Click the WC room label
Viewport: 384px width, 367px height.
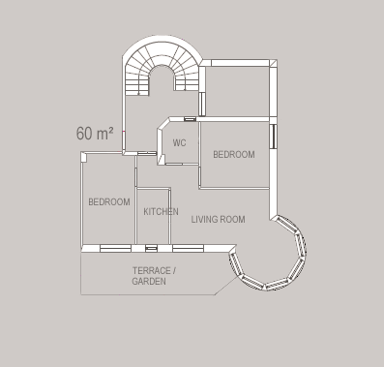pos(179,142)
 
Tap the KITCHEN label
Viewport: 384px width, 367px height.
pos(161,212)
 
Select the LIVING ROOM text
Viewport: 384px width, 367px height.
pos(218,220)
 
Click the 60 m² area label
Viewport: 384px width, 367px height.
pos(95,133)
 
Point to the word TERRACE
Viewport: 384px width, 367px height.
pos(152,270)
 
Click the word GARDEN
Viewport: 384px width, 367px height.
pos(149,281)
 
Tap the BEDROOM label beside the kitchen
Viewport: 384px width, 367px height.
pos(109,202)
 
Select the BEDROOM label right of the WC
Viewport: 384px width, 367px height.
pos(234,155)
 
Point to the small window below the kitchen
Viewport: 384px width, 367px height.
pos(151,248)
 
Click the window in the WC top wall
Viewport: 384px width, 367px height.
pos(190,119)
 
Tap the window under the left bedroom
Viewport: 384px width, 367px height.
pos(115,248)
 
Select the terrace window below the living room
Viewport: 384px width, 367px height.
pos(188,248)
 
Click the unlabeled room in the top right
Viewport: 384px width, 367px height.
pos(237,92)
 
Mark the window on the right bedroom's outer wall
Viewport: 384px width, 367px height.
pos(273,137)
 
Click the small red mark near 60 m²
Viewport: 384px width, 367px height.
pos(124,131)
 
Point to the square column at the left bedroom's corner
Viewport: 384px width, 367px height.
pos(84,157)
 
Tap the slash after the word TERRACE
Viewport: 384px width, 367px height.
pos(174,270)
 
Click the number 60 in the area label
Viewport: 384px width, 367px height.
pos(84,134)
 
